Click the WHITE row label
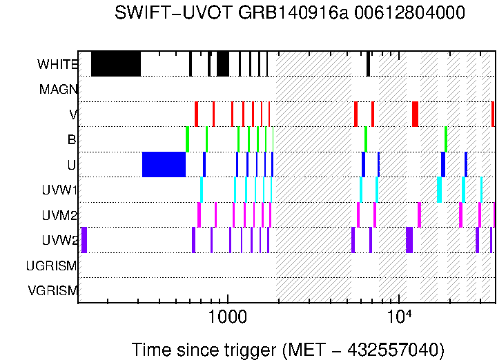point(57,64)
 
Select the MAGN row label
point(58,89)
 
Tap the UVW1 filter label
point(60,190)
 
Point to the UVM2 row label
point(59,215)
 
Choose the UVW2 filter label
point(59,240)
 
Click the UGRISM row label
point(52,266)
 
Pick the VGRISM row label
point(52,290)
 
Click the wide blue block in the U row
point(164,164)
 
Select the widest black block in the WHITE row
point(116,63)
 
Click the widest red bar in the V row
point(416,114)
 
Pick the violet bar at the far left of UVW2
point(84,240)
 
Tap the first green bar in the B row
point(187,139)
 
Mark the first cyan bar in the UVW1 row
point(202,189)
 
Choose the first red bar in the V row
point(196,114)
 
